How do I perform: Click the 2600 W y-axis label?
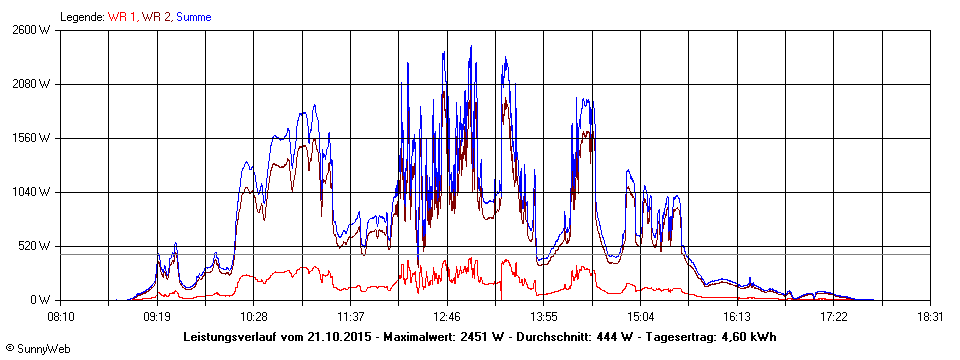click(x=31, y=30)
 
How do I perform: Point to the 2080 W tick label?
click(x=31, y=84)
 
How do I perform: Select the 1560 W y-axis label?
click(x=31, y=138)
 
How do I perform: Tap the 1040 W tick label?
click(x=31, y=192)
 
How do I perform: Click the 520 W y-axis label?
click(x=34, y=246)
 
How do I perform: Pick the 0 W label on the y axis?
click(x=40, y=300)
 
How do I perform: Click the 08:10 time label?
click(x=60, y=316)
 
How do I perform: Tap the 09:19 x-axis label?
click(x=157, y=316)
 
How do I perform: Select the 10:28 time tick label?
click(x=254, y=316)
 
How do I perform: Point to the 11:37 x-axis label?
click(x=350, y=316)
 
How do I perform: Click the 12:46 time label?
click(x=447, y=316)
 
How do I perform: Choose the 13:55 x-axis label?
click(x=544, y=316)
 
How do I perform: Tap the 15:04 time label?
click(x=641, y=316)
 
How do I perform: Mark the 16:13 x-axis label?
click(x=737, y=316)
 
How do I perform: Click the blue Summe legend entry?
click(x=193, y=16)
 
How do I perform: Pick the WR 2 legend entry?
click(x=156, y=16)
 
